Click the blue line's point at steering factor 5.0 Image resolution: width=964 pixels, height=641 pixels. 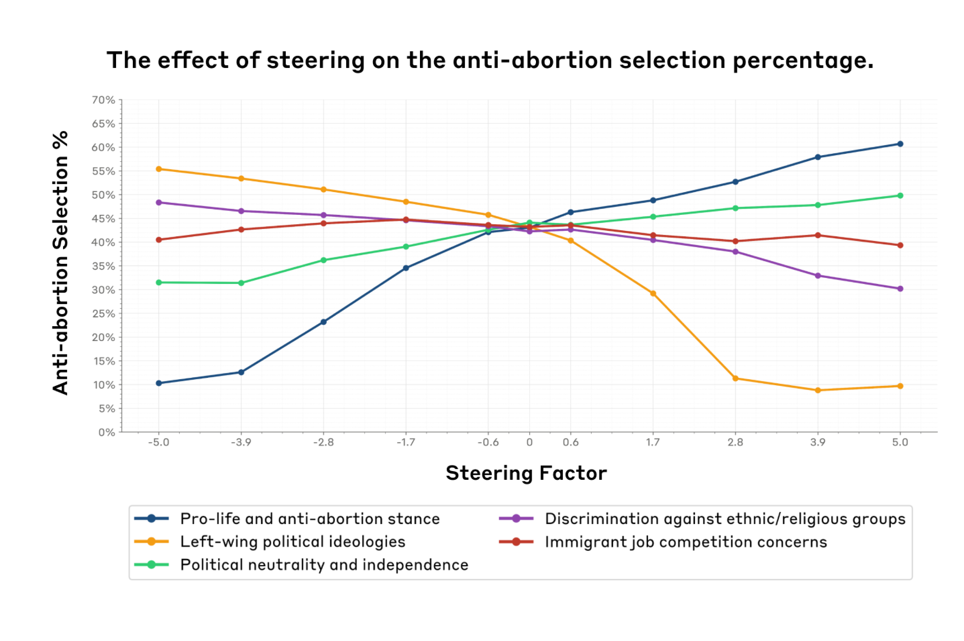pyautogui.click(x=900, y=144)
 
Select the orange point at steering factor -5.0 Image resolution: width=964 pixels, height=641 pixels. pyautogui.click(x=159, y=169)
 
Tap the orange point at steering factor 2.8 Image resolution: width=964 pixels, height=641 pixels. pyautogui.click(x=735, y=379)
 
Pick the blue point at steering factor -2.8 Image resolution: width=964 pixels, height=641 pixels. pyautogui.click(x=323, y=322)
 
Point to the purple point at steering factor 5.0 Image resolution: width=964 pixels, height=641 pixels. pyautogui.click(x=900, y=289)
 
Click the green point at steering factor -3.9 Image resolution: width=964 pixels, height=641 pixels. pyautogui.click(x=241, y=283)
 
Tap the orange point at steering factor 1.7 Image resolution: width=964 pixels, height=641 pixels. pyautogui.click(x=653, y=294)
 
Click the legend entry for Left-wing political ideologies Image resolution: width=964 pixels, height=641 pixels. pyautogui.click(x=270, y=542)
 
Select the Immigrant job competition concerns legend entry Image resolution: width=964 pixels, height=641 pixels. pyautogui.click(x=663, y=542)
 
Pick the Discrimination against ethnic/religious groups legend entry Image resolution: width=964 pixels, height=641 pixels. pyautogui.click(x=702, y=519)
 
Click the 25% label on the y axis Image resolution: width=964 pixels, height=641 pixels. pyautogui.click(x=103, y=314)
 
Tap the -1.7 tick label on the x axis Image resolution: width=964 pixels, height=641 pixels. pyautogui.click(x=406, y=442)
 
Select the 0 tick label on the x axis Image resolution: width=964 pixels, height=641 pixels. pyautogui.click(x=529, y=442)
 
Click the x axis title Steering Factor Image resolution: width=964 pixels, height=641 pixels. pyautogui.click(x=526, y=473)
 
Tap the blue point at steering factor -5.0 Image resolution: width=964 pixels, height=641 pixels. pyautogui.click(x=159, y=383)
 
